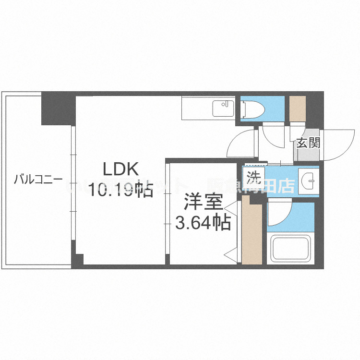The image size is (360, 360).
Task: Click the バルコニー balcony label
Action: (x=38, y=180)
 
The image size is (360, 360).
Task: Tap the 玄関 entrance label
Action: (x=308, y=143)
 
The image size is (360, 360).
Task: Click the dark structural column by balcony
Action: (x=57, y=110)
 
